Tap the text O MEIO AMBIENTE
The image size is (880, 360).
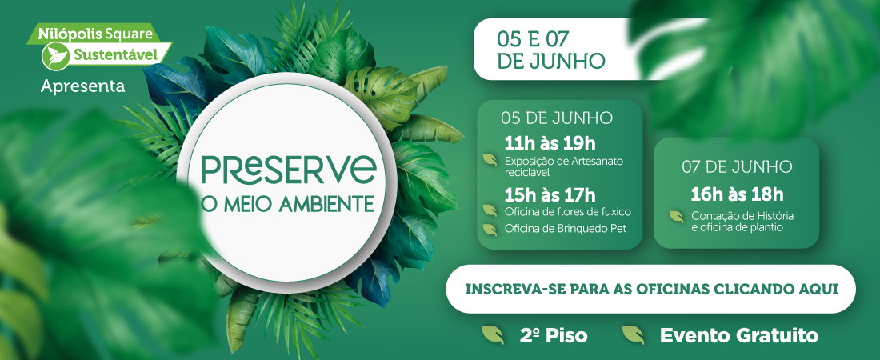click(287, 204)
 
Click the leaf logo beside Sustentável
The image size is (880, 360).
click(55, 56)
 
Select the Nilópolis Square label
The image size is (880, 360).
click(95, 34)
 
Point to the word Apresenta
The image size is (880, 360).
click(82, 86)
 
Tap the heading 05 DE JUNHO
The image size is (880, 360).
click(557, 118)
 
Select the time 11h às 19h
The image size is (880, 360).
click(550, 143)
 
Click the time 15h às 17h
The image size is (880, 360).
click(550, 195)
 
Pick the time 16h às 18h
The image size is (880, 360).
click(737, 195)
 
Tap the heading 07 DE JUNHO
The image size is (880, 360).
click(737, 167)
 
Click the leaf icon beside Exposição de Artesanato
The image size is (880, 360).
click(490, 160)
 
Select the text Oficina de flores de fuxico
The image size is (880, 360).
click(568, 212)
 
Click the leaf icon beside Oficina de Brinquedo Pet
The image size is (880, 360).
click(490, 229)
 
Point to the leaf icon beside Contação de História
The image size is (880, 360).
click(676, 216)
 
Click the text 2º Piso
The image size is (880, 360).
click(554, 336)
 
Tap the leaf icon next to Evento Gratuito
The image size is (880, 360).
click(633, 334)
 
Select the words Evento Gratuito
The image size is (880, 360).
click(738, 336)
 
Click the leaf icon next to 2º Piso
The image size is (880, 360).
click(493, 334)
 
